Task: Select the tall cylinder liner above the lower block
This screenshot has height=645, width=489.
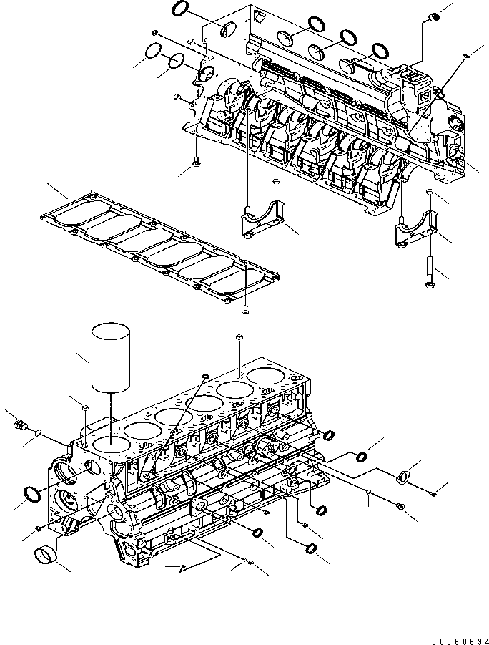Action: coord(110,357)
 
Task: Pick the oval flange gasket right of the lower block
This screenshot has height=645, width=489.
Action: coord(405,477)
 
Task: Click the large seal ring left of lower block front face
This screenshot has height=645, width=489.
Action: coord(31,493)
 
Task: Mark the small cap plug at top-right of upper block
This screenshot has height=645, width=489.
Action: coord(431,17)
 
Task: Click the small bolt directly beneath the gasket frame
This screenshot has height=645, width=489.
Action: coord(245,310)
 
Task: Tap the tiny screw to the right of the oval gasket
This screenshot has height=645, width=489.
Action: coord(434,490)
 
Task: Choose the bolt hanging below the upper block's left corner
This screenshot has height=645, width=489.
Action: coord(195,164)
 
